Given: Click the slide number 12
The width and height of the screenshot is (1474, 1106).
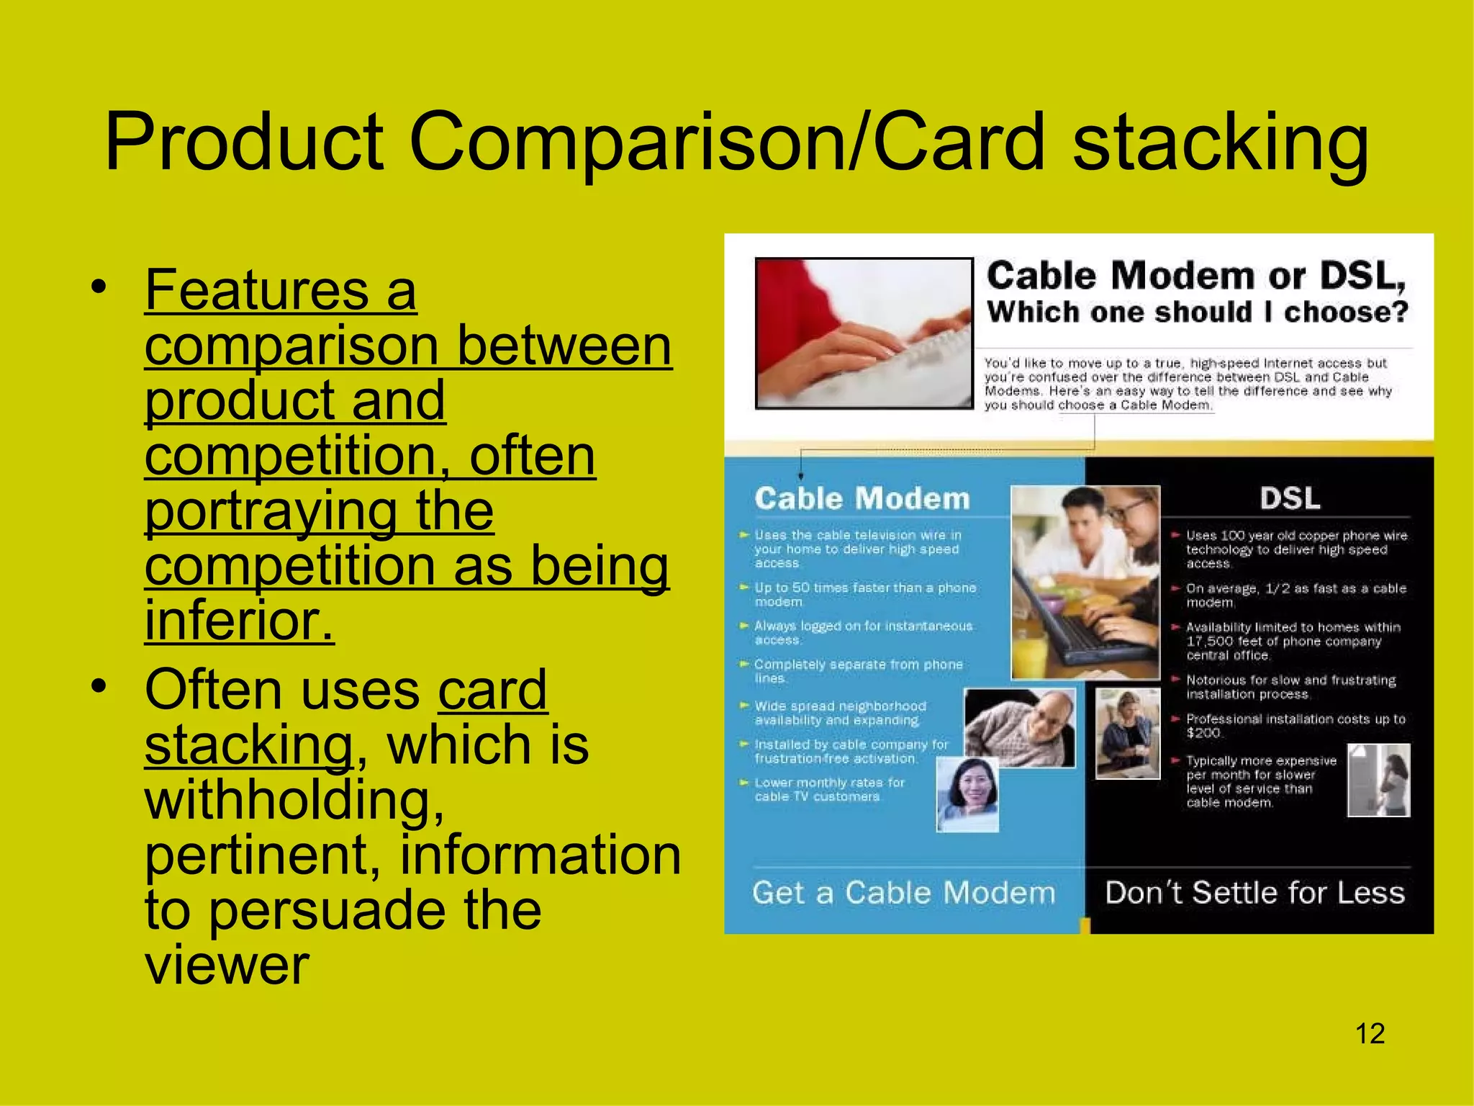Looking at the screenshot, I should coord(1370,1034).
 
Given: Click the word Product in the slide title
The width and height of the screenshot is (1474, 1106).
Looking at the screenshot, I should coord(245,142).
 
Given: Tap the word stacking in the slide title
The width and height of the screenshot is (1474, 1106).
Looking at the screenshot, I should coord(1220,142).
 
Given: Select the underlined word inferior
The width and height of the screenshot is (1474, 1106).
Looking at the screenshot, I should coord(239,620).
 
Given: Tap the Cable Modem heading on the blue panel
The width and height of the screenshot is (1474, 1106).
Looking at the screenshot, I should coord(862,498).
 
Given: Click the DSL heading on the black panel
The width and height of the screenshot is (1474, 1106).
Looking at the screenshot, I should coord(1289,498).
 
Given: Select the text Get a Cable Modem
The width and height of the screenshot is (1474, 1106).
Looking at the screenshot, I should coord(903,893).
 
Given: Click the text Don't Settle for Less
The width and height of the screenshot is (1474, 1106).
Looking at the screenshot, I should coord(1254,893).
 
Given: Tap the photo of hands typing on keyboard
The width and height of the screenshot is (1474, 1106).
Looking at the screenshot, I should coord(864,333).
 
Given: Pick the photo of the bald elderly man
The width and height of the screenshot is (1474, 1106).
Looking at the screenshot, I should coord(1021,727).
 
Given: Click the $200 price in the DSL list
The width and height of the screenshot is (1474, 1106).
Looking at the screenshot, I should coord(1203,733).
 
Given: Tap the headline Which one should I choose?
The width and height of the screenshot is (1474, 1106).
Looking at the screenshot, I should coord(1197,313).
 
